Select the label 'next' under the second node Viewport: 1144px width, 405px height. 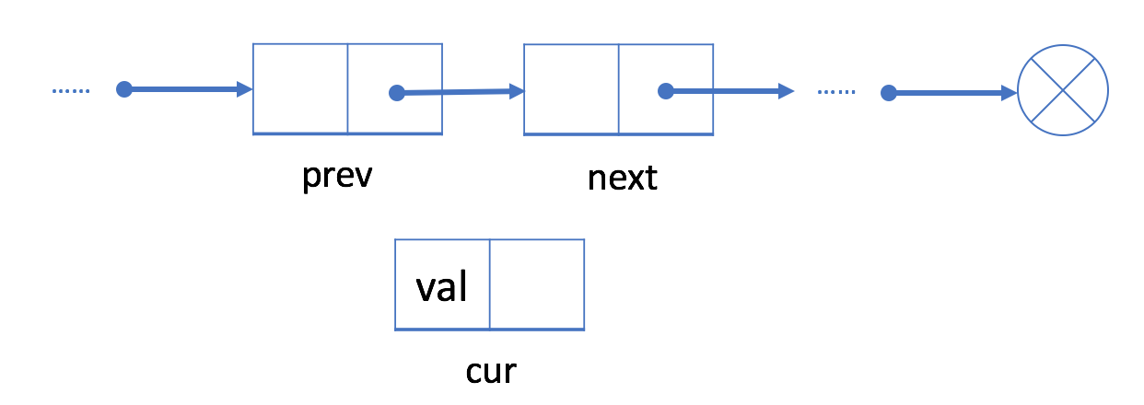622,178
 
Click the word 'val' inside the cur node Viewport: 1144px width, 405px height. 441,287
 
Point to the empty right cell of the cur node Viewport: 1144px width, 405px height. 537,284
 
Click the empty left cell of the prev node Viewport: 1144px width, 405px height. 300,88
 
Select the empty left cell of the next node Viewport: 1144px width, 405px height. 571,89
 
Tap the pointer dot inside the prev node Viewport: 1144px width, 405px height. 397,92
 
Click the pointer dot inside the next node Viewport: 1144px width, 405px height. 666,91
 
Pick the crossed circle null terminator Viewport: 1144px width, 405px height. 1062,90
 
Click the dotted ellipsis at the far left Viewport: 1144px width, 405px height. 71,90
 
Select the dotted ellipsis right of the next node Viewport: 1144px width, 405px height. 836,92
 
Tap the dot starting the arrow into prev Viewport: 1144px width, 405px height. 124,89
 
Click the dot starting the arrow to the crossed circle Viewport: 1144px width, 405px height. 889,93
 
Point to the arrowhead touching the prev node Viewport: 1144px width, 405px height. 245,89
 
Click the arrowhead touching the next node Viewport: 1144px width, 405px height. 517,91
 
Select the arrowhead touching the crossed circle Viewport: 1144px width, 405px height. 1010,93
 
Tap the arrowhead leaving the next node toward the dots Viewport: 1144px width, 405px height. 787,91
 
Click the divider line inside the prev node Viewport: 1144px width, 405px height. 348,88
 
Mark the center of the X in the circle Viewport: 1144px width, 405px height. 1062,90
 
